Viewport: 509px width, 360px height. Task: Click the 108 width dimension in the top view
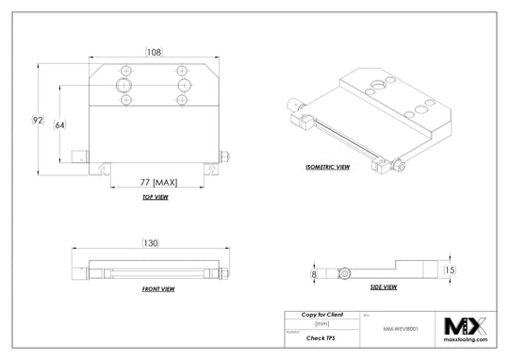click(154, 51)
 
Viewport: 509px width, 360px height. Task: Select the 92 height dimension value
click(39, 120)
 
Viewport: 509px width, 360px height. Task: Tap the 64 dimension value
click(59, 123)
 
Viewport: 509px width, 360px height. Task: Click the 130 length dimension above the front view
click(153, 242)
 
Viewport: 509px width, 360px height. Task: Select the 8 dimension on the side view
click(313, 273)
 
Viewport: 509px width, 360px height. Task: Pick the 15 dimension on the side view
click(450, 270)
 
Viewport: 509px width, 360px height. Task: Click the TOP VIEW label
click(155, 198)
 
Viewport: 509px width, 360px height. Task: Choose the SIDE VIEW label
click(382, 286)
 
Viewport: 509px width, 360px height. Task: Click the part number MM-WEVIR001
click(402, 330)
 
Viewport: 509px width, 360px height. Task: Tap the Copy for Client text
click(320, 314)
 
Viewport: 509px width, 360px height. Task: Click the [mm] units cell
click(320, 323)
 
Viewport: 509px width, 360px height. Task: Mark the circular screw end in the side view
click(347, 273)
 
